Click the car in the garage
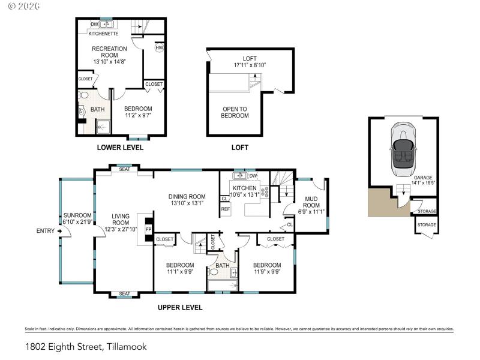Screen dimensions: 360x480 point(403,150)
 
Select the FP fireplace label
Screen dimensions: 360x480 point(148,229)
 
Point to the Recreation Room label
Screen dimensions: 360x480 point(109,55)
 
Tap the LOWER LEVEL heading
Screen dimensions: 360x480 point(120,148)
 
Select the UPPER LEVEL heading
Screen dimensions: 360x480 point(180,308)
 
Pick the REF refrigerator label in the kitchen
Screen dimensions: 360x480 point(226,209)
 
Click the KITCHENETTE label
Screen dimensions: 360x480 point(103,34)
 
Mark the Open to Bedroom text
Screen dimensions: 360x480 point(235,112)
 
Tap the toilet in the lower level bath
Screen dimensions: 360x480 point(84,96)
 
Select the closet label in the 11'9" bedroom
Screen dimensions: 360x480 point(275,239)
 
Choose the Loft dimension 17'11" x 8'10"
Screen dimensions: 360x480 point(250,62)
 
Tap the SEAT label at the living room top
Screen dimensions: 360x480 point(124,169)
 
